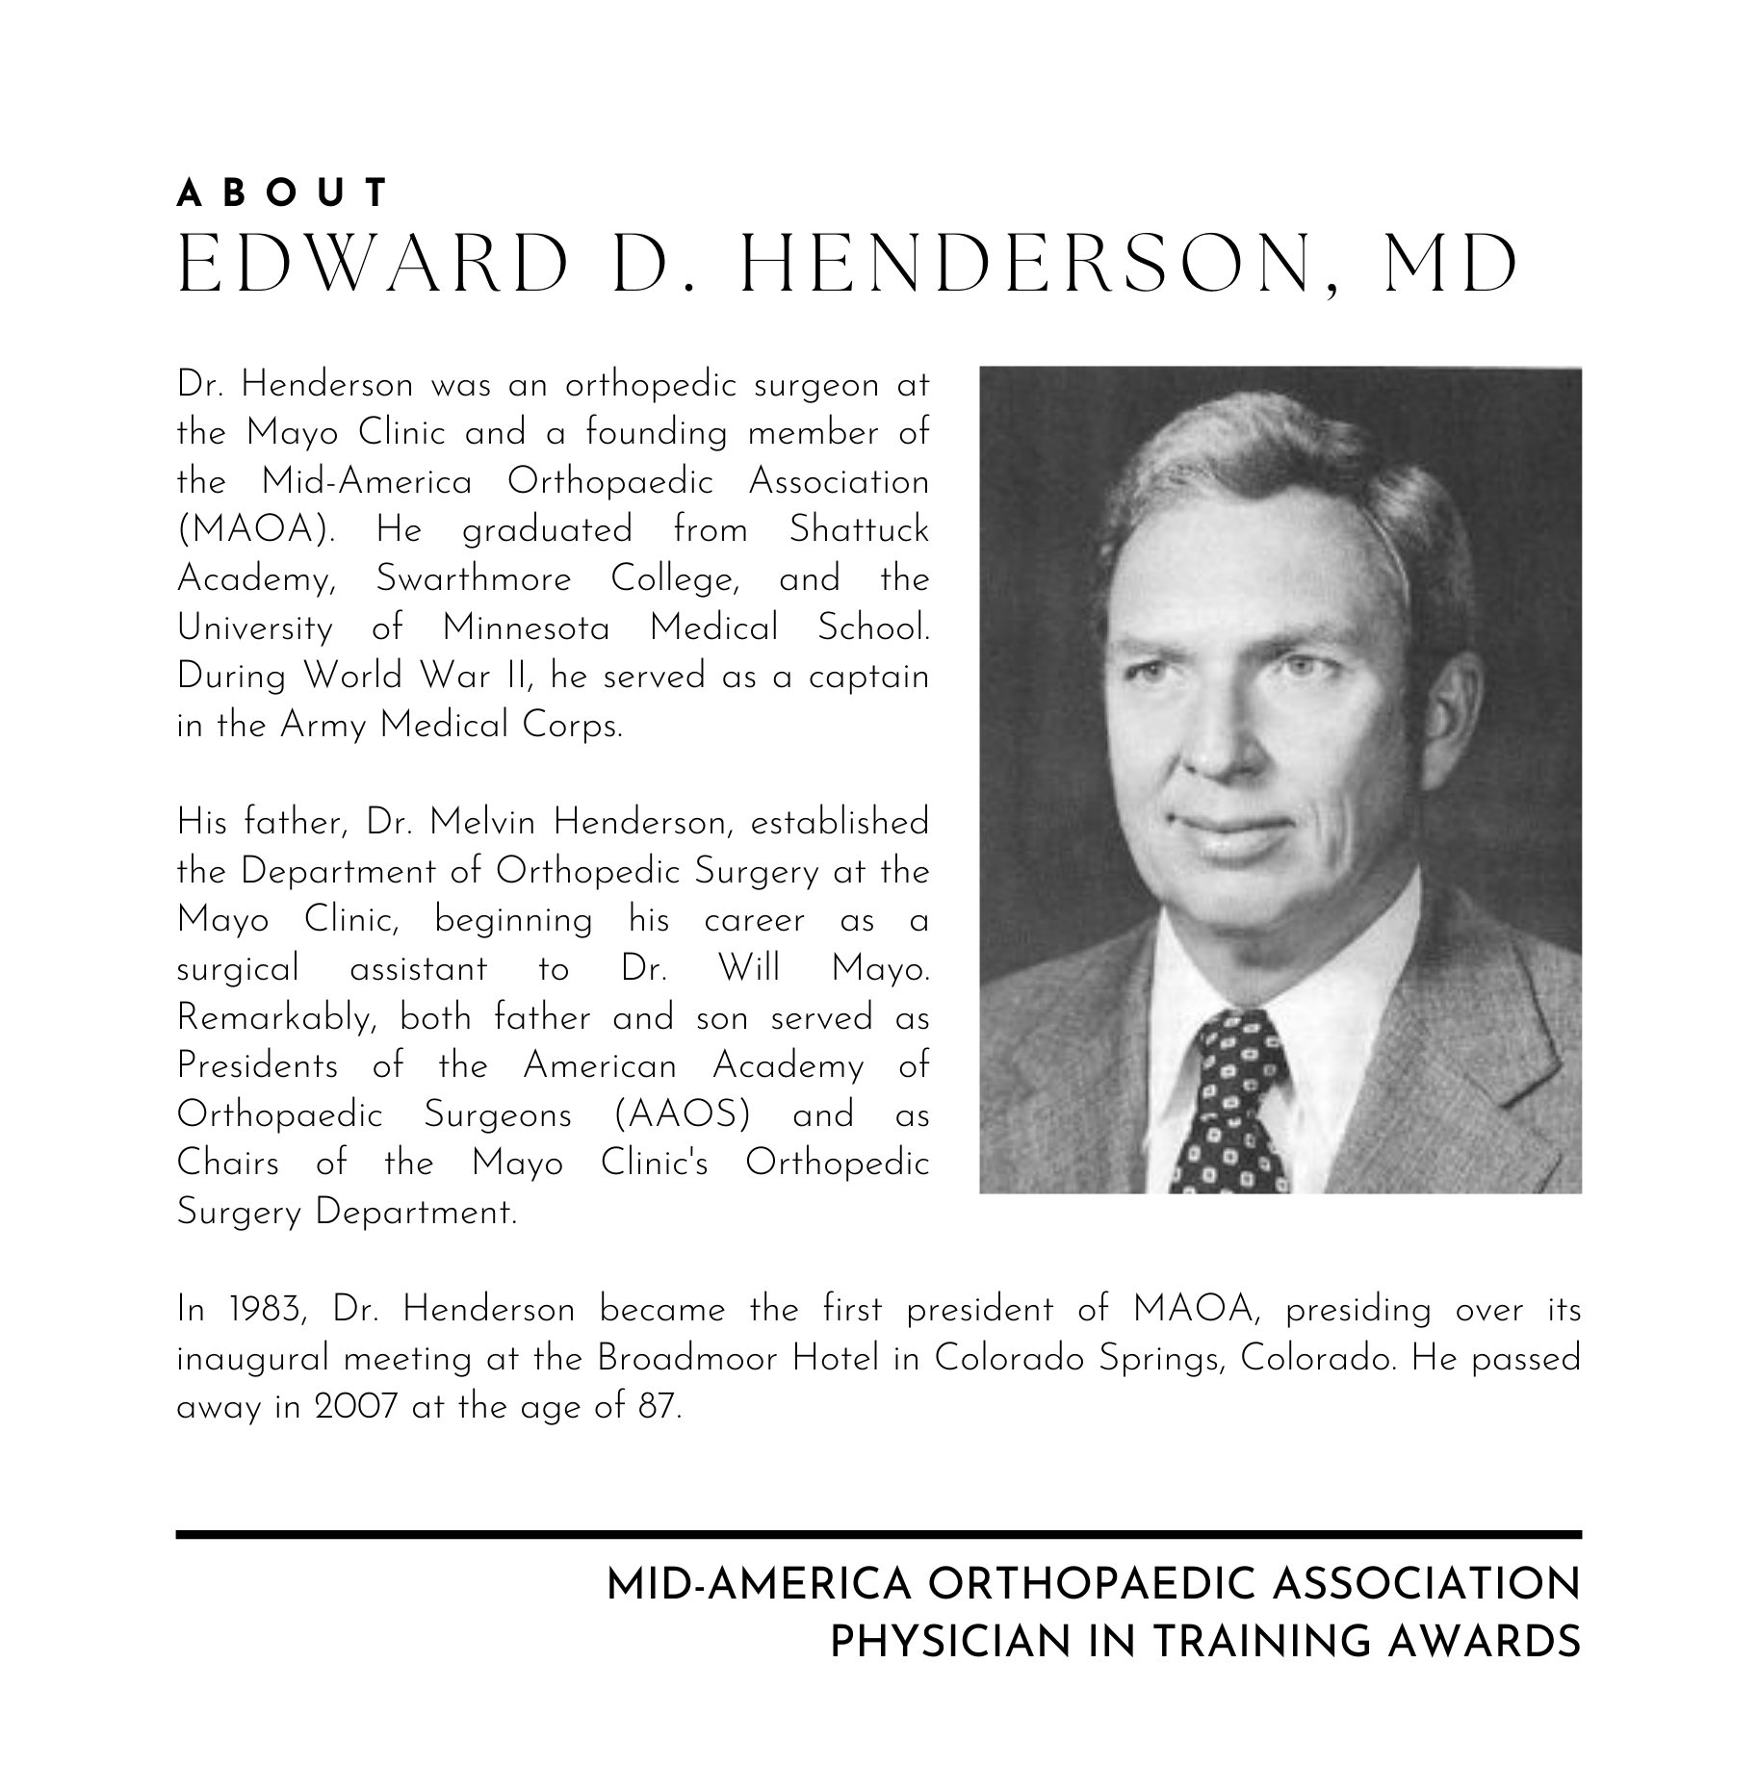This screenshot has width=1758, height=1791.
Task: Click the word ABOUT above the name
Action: (x=282, y=193)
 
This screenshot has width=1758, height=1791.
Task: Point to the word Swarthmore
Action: (x=473, y=579)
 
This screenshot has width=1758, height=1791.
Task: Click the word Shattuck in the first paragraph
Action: (x=859, y=530)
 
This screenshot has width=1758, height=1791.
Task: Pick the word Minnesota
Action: (x=526, y=628)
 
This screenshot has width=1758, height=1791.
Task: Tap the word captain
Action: (x=868, y=678)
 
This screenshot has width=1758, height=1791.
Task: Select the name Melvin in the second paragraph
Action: (x=485, y=823)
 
